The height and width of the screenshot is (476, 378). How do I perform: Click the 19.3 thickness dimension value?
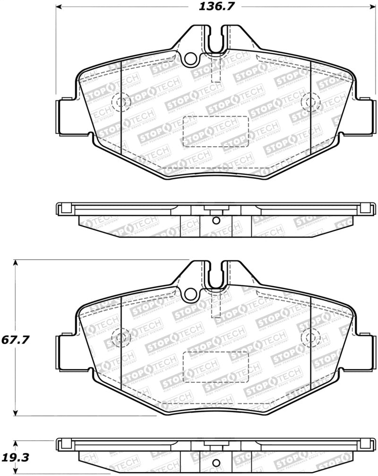(x=13, y=458)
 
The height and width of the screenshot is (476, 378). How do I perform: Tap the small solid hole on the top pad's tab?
(x=190, y=58)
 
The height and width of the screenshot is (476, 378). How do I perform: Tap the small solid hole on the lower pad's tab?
(x=190, y=294)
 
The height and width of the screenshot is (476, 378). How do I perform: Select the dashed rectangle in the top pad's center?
(x=215, y=132)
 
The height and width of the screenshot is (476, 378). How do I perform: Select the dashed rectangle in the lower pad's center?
(x=215, y=367)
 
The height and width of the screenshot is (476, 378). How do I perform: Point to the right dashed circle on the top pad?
(x=310, y=102)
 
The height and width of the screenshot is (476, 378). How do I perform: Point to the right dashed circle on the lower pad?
(x=310, y=337)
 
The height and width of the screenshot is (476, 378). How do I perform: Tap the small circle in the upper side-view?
(x=215, y=220)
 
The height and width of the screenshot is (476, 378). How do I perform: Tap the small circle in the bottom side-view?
(x=215, y=463)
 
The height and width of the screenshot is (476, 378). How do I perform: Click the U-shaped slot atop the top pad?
(x=215, y=40)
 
